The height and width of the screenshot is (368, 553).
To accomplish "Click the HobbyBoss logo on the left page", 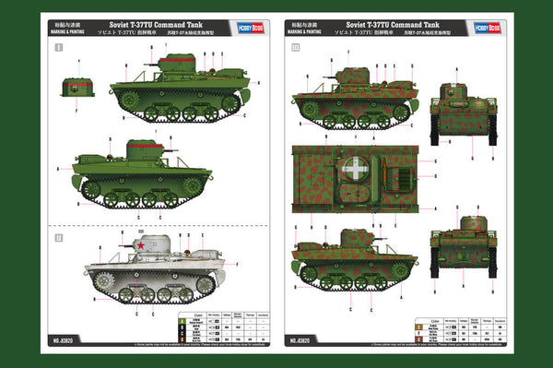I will coord(241,27).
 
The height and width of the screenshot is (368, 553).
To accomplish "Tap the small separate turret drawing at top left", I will coord(79,87).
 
